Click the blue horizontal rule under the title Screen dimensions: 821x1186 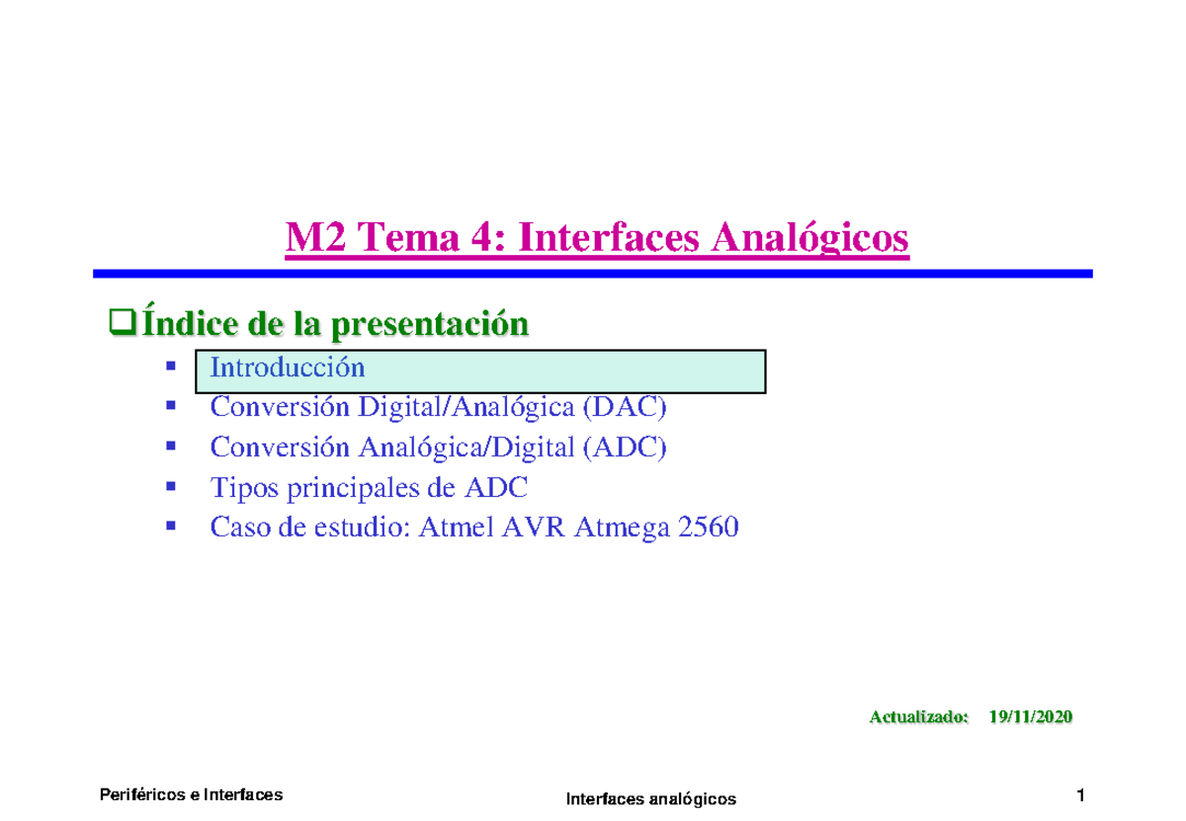593,274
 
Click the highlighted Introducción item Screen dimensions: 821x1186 288,369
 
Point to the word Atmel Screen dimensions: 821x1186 457,529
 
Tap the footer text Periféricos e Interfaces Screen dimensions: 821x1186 192,794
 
